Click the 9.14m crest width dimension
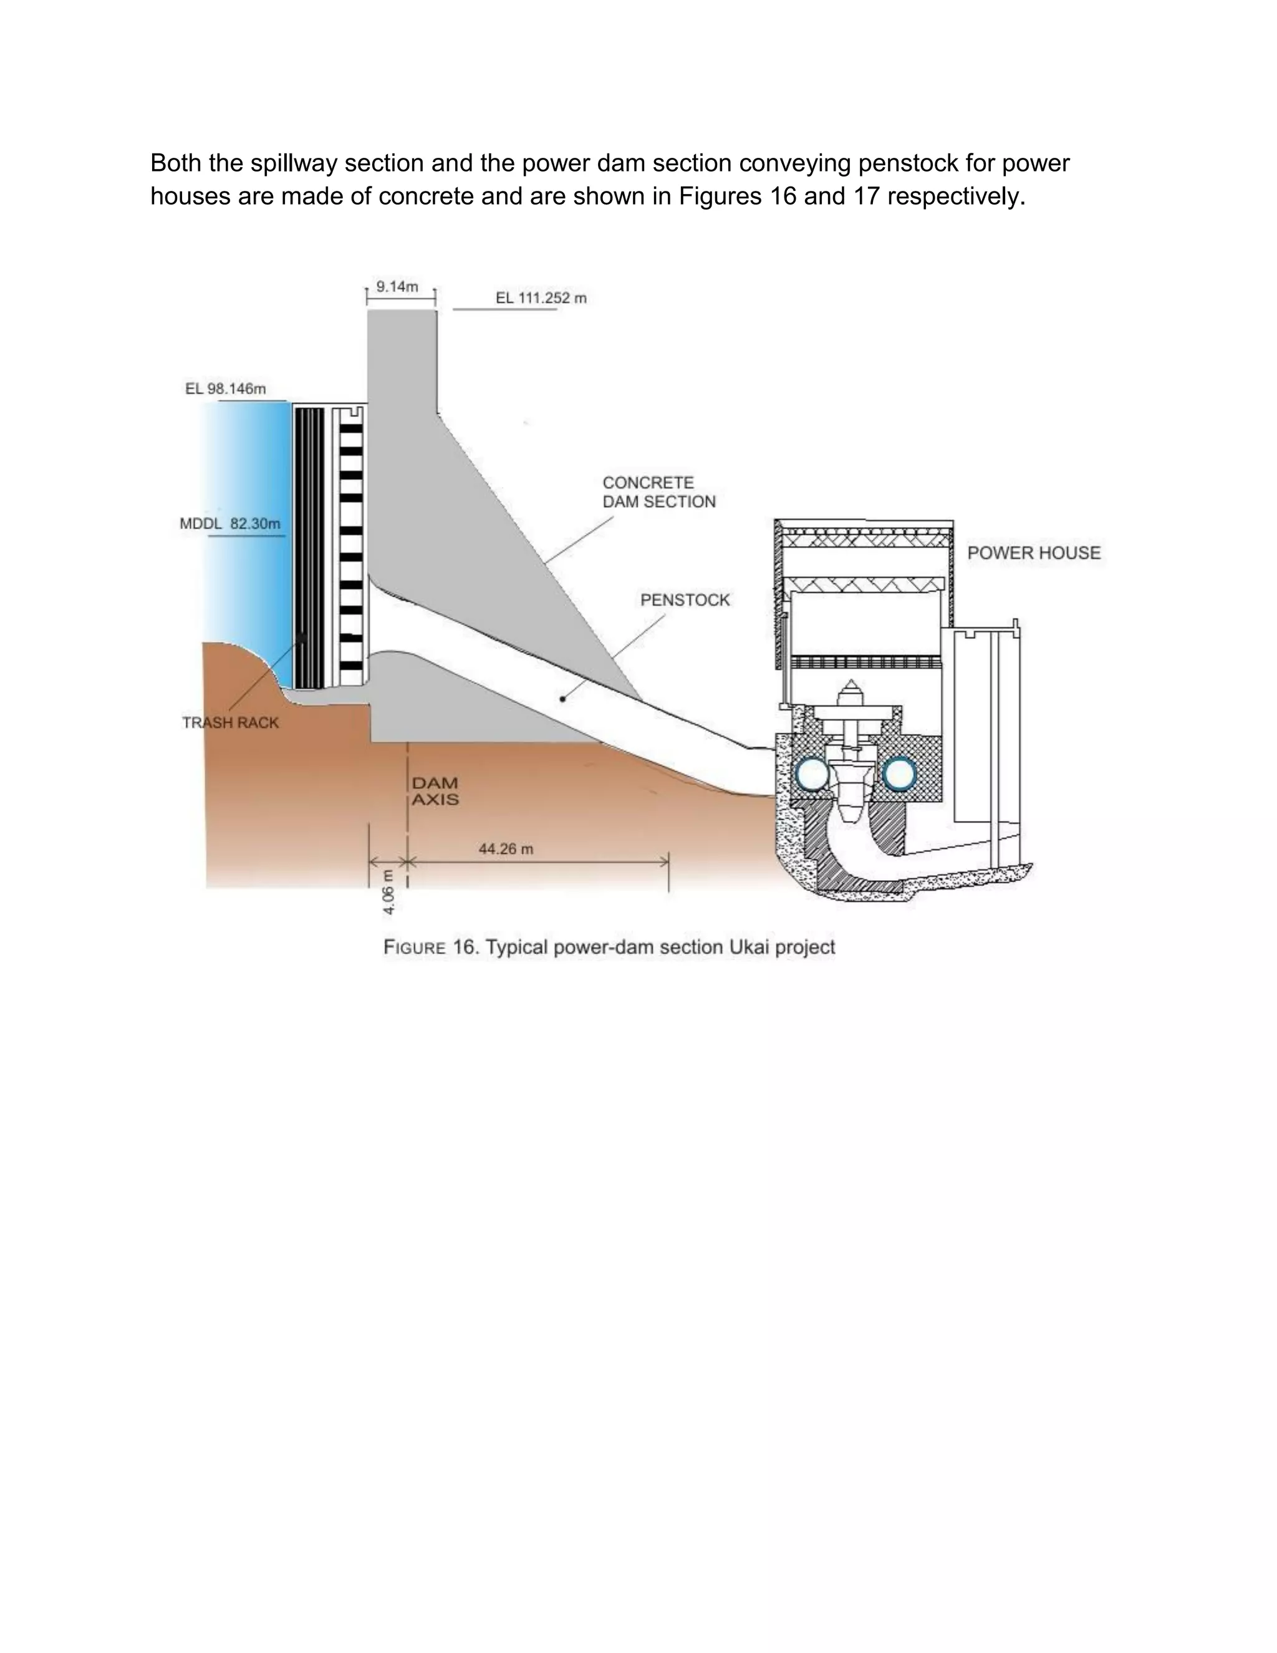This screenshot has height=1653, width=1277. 397,287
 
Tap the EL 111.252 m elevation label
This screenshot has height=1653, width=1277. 541,298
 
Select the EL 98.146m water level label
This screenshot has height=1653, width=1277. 226,389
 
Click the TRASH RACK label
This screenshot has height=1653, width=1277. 230,723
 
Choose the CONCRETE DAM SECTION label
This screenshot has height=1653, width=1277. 658,492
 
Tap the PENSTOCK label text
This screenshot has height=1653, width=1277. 685,600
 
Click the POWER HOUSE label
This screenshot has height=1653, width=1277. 1033,553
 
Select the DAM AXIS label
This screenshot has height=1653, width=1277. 435,791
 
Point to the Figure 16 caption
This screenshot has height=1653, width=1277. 609,948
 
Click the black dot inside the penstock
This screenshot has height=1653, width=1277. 562,699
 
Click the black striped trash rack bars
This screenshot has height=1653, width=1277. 309,545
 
